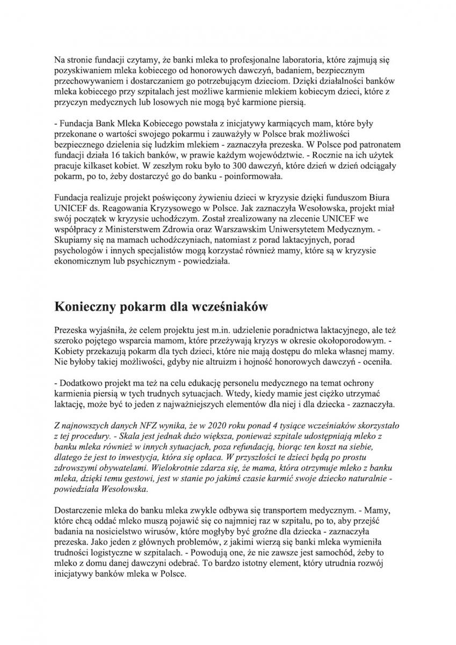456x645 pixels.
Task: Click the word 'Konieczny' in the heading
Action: click(x=88, y=307)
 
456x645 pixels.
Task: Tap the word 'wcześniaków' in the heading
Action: click(x=226, y=307)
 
